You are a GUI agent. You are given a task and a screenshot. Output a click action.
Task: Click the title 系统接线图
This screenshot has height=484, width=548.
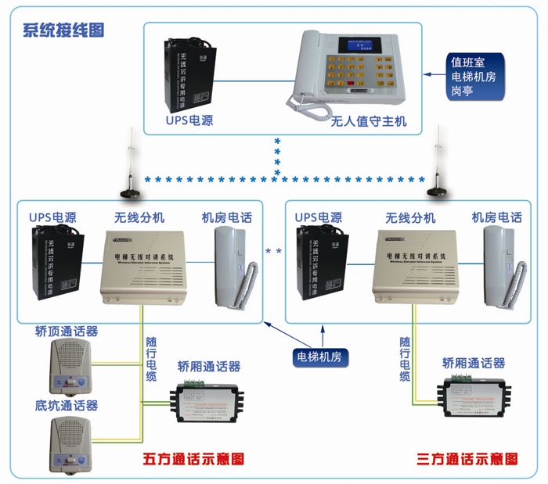click(x=64, y=30)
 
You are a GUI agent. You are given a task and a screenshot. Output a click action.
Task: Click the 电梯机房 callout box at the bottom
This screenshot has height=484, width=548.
click(x=320, y=356)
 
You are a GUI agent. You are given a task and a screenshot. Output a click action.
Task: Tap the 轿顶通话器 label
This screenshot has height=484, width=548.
click(x=67, y=331)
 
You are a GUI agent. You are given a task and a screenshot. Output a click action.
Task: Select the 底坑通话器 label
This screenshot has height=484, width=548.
click(x=67, y=405)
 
